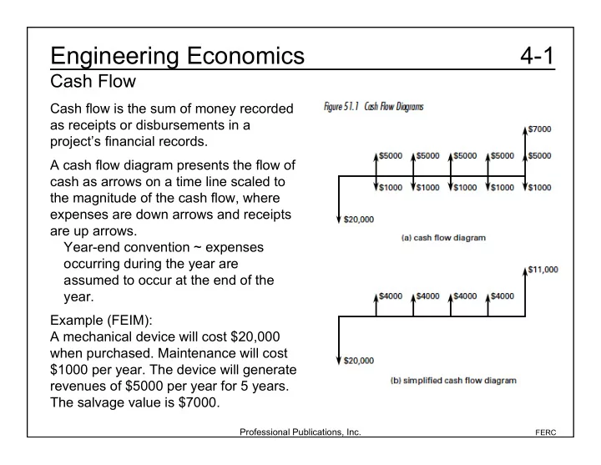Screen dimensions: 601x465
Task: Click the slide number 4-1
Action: (x=537, y=56)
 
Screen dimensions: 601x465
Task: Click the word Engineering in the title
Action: (x=114, y=57)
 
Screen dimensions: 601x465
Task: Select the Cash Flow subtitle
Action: (x=93, y=81)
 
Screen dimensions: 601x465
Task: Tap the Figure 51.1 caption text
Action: (x=374, y=106)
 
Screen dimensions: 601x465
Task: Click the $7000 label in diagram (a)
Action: (x=539, y=129)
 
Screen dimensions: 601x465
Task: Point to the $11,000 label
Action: (x=543, y=270)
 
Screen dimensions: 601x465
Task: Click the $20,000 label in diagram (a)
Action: (x=359, y=220)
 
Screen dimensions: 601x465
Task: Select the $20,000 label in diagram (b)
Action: (x=359, y=361)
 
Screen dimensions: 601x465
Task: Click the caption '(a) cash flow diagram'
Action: (x=443, y=238)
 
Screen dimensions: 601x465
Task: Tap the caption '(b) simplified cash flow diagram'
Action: (x=453, y=381)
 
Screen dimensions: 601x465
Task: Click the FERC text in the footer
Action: (x=545, y=432)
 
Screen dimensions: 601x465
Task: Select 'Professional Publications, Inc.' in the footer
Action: (x=300, y=432)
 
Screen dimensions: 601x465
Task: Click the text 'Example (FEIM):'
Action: (x=101, y=320)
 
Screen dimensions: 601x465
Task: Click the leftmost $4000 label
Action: (x=391, y=296)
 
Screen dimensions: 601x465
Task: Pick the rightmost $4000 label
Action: (x=503, y=296)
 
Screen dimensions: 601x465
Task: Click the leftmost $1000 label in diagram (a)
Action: (x=391, y=188)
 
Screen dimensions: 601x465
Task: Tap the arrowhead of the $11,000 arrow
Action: (x=525, y=271)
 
